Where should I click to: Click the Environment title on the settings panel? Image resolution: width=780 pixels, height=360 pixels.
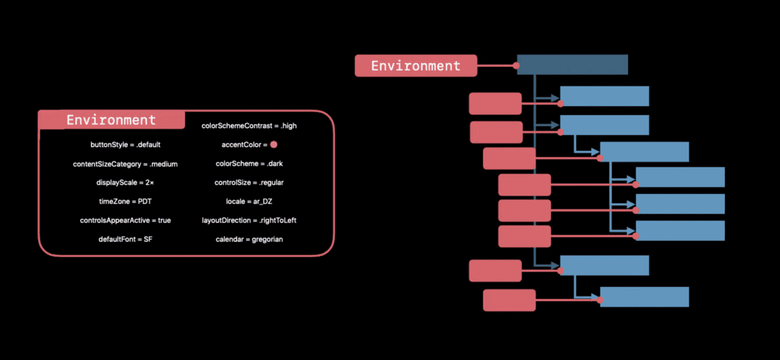[111, 120]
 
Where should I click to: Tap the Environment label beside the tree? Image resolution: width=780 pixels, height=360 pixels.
[416, 66]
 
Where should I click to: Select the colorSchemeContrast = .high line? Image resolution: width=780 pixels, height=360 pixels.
[249, 125]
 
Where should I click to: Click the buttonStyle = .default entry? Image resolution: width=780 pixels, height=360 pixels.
[126, 144]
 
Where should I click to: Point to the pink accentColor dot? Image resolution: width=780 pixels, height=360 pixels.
[274, 144]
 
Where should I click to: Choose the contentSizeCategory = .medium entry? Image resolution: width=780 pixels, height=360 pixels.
[125, 164]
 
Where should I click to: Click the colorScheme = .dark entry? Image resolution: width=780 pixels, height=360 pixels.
[249, 164]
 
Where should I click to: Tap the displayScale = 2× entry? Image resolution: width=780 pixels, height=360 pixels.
[125, 183]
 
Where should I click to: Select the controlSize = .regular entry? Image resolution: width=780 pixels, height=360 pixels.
[249, 183]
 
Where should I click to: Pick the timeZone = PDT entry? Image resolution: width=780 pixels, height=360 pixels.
[125, 201]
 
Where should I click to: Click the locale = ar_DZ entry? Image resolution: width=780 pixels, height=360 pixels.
[249, 201]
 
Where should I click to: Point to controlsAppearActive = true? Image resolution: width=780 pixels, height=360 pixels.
[125, 221]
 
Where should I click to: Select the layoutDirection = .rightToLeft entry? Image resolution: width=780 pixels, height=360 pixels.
[249, 221]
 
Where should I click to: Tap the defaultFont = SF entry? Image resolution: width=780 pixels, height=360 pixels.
[125, 239]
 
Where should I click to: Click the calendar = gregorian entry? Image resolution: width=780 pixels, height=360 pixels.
[249, 239]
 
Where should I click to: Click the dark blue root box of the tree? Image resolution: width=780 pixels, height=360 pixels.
[572, 65]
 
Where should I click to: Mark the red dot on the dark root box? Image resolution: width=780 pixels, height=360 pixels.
[516, 65]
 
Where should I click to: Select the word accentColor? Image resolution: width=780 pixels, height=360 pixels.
[241, 144]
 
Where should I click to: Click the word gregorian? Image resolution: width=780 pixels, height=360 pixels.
[267, 239]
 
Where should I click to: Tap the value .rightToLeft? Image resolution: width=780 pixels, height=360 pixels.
[277, 221]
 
